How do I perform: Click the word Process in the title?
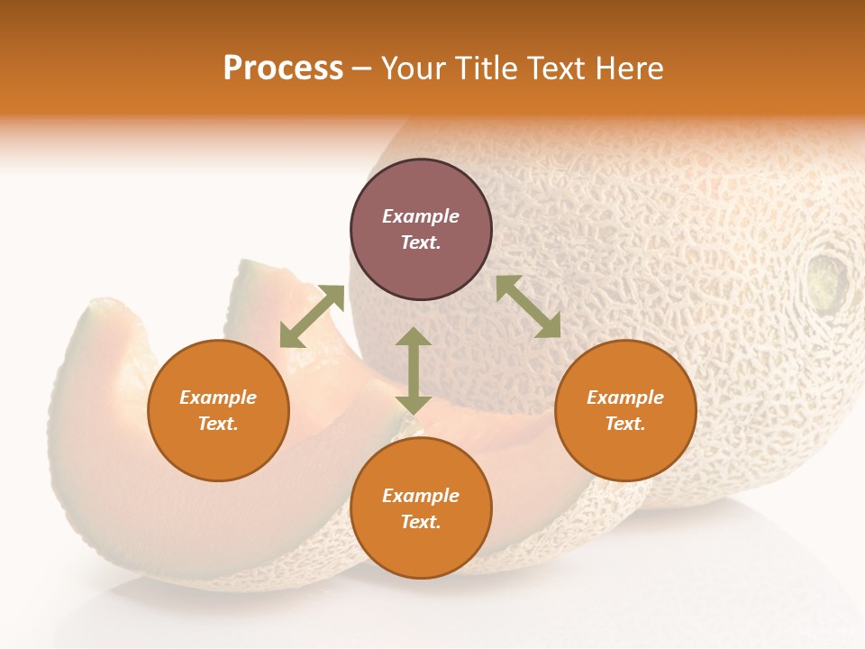[x=283, y=69]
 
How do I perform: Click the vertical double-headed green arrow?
[x=414, y=370]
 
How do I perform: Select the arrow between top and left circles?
[x=312, y=316]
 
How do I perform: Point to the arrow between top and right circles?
[x=528, y=306]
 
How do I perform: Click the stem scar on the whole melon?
[x=827, y=280]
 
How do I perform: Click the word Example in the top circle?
[x=421, y=216]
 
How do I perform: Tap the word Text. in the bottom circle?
[x=421, y=522]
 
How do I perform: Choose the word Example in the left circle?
[x=218, y=398]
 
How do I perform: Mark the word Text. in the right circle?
[x=625, y=424]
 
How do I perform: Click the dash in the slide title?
[x=362, y=69]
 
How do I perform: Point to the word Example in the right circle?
[x=625, y=398]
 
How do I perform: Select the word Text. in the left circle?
[x=218, y=424]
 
